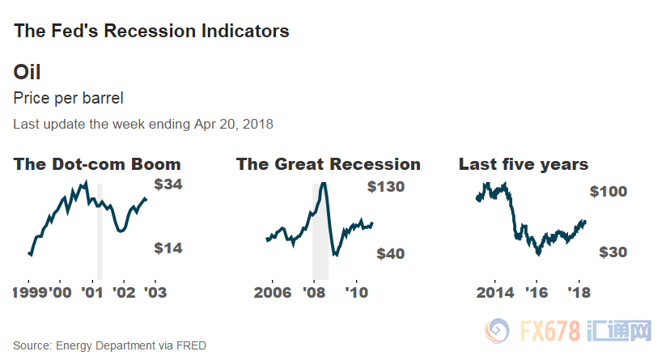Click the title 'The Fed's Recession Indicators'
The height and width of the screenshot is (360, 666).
(151, 32)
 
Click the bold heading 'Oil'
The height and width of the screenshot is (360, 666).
(27, 72)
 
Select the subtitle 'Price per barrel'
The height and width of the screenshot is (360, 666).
(69, 99)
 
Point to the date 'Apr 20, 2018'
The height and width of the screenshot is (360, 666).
(234, 125)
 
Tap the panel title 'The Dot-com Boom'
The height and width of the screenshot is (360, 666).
(97, 164)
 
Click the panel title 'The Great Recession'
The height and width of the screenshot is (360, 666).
(328, 164)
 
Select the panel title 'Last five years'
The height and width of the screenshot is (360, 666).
(523, 164)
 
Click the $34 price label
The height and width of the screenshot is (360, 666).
(168, 184)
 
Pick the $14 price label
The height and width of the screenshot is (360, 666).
(168, 248)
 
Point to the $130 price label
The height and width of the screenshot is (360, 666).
(385, 187)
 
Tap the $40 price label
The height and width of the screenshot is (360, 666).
(390, 254)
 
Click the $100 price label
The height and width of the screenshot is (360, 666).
(609, 192)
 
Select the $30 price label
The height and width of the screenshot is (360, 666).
(613, 252)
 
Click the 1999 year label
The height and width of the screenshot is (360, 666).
(29, 292)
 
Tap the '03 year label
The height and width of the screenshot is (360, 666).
(155, 292)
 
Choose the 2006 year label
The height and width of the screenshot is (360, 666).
(273, 292)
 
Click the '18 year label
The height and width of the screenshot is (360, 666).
(578, 292)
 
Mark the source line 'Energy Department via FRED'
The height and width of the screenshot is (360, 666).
(131, 345)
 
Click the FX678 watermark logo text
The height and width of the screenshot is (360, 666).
(550, 331)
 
